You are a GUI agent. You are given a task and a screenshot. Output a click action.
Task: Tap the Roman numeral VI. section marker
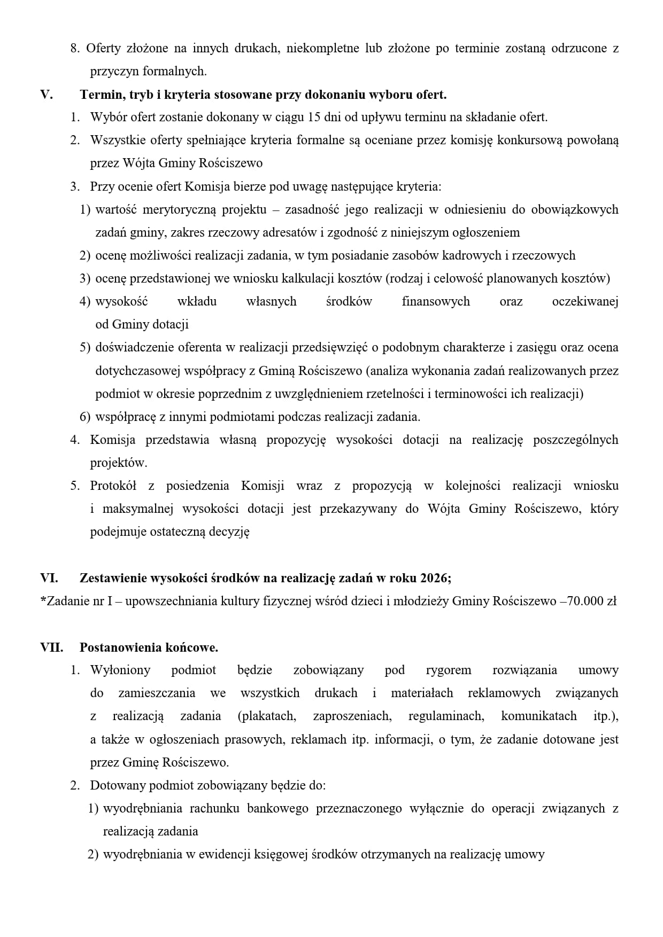click(49, 578)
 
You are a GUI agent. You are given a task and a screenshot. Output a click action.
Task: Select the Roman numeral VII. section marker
click(52, 647)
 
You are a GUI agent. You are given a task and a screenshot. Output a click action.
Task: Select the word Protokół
click(113, 486)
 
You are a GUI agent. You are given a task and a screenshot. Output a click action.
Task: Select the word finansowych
click(436, 301)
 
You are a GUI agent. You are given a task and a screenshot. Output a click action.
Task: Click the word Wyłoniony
click(120, 670)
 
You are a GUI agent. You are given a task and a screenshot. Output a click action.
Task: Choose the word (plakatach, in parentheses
click(267, 716)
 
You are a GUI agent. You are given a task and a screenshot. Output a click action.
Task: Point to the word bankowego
click(277, 808)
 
